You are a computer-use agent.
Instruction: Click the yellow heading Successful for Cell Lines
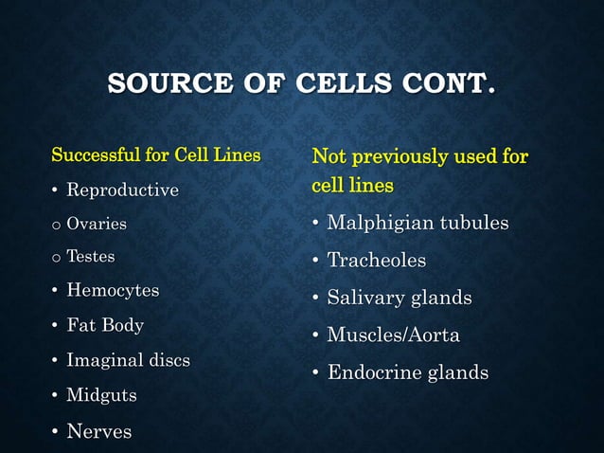(x=155, y=154)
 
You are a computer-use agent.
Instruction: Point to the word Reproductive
(x=122, y=190)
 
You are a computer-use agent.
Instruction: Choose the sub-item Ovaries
(x=96, y=225)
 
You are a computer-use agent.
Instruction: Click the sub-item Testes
(x=90, y=257)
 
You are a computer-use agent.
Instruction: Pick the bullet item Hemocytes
(x=113, y=291)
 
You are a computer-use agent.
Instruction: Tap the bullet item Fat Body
(x=105, y=325)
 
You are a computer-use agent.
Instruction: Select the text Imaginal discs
(x=128, y=360)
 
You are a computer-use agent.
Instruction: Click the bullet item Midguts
(x=101, y=395)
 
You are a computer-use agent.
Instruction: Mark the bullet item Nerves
(x=98, y=432)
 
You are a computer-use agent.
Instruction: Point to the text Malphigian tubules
(x=417, y=224)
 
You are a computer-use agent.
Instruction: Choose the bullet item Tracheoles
(x=376, y=260)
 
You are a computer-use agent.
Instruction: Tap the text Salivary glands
(x=399, y=298)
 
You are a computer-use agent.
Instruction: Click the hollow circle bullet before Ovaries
(x=56, y=226)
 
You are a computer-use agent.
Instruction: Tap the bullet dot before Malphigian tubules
(x=316, y=225)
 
